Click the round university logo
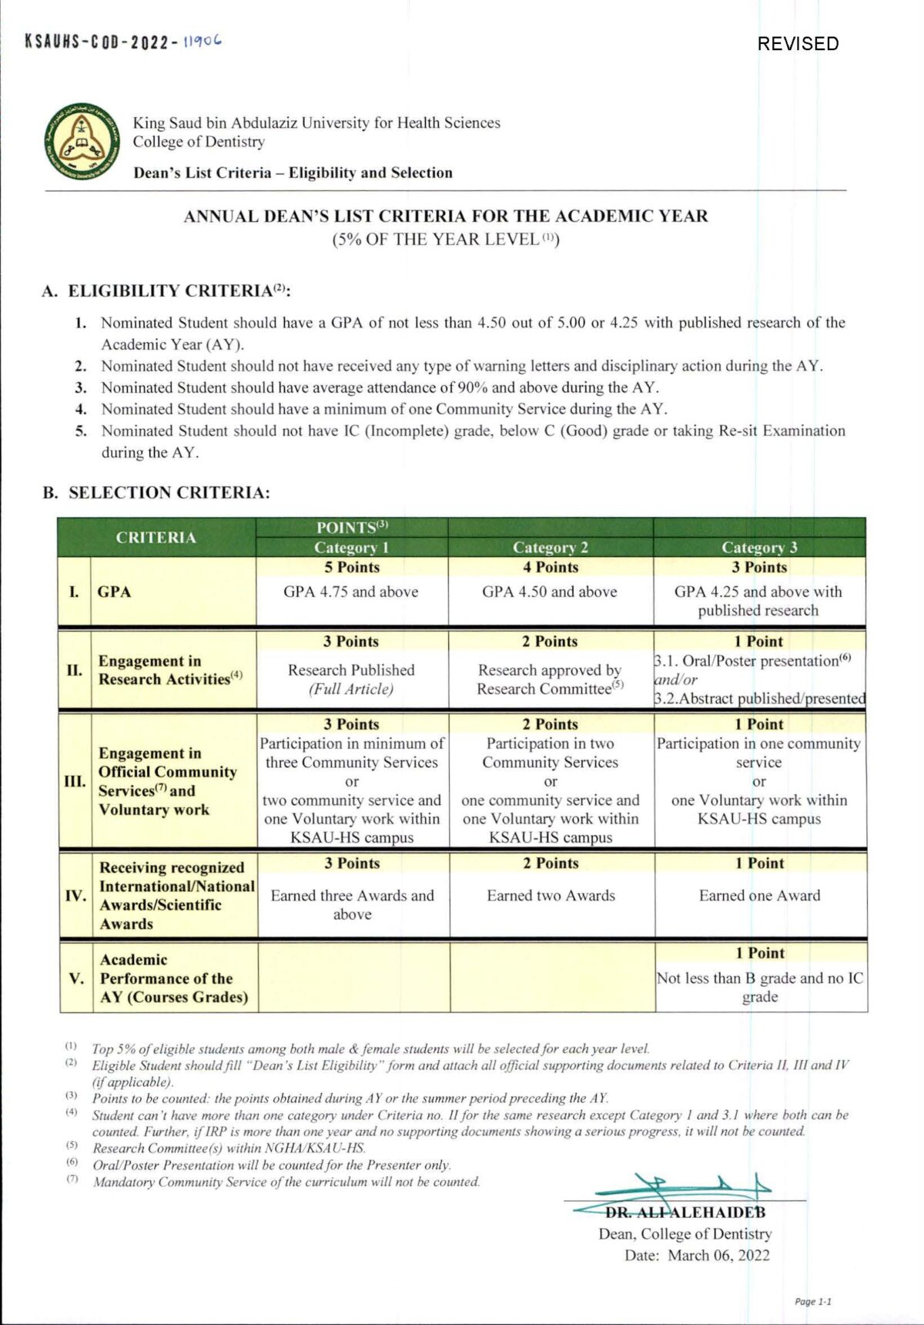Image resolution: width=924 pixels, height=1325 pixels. coord(82,139)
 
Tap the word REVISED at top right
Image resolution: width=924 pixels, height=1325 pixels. coord(798,43)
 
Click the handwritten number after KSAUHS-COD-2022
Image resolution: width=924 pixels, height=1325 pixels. coord(203,41)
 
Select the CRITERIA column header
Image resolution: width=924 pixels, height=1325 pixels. coord(156,537)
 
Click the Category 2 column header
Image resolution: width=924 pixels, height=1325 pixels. coord(551,547)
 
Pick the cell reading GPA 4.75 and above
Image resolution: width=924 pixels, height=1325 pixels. coord(351,592)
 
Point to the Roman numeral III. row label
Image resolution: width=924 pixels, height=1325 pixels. coord(75,781)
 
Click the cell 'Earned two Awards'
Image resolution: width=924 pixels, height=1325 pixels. coord(551,895)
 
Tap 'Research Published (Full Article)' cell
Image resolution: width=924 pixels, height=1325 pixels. coord(351,679)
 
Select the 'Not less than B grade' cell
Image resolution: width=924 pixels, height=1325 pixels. coord(760,987)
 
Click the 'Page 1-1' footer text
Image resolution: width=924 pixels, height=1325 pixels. coord(813,1301)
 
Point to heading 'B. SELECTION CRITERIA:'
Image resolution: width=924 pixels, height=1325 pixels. coord(156,492)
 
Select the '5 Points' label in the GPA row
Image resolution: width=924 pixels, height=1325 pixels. coord(352,567)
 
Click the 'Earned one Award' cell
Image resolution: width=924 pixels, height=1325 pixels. coord(759,895)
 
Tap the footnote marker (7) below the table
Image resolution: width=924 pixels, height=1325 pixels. coord(72,1179)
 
